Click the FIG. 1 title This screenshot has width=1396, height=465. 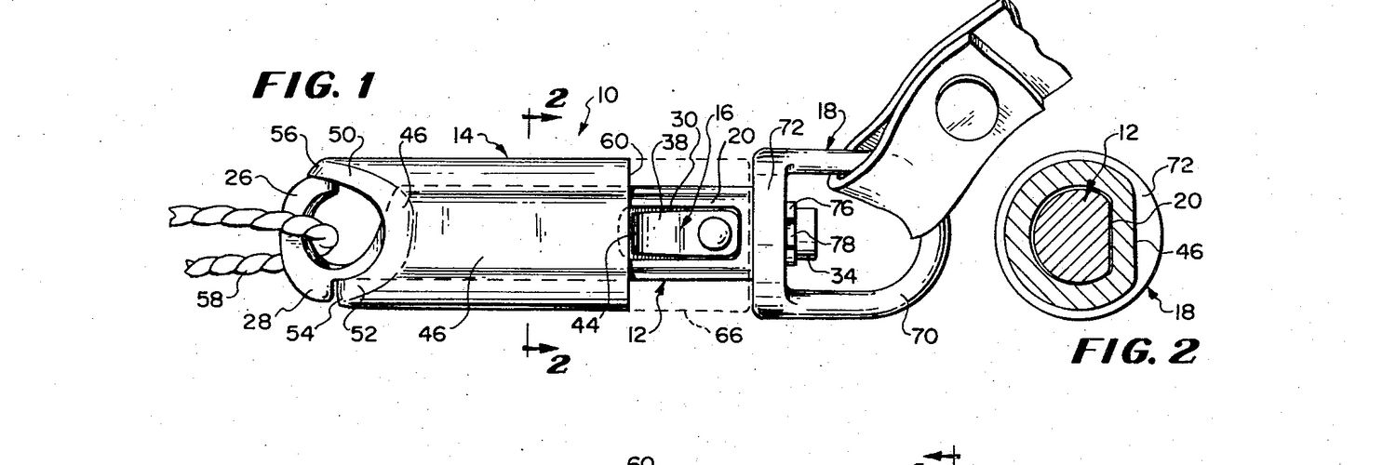point(315,86)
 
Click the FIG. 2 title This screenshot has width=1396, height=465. point(1134,352)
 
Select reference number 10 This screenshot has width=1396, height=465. point(607,95)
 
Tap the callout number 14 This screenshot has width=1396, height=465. point(463,135)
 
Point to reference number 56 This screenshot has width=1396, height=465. point(284,135)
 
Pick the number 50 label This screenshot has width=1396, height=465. point(342,135)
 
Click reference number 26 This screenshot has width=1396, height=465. point(237,178)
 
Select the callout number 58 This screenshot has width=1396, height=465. point(210,299)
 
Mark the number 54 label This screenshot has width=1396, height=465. point(301,333)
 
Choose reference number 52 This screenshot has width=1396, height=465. point(364,334)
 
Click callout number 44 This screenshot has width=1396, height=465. point(585,325)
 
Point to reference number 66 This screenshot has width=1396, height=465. point(729,336)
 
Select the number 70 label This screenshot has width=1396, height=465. point(925,336)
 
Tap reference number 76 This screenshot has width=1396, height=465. point(842,208)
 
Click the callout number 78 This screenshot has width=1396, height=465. point(843,244)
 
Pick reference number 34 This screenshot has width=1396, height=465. point(844,274)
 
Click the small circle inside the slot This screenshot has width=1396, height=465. point(714,232)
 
